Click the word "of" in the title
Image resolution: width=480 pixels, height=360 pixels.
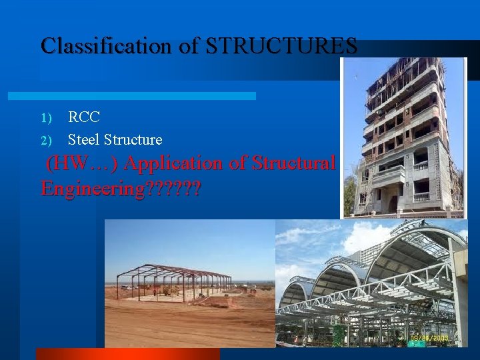pos(190,46)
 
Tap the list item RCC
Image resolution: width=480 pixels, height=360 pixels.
pos(84,117)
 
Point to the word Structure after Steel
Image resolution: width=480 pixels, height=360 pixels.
pos(133,139)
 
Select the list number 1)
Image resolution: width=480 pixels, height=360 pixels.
pos(46,118)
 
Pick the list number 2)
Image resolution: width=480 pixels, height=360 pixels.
pos(46,140)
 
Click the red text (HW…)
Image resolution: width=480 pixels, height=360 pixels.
pos(82,163)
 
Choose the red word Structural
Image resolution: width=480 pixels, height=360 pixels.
pos(293,163)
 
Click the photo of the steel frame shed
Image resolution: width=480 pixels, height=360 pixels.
pos(190,283)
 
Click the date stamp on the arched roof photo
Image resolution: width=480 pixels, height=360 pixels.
pos(430,338)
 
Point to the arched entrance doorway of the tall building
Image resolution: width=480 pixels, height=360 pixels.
pos(393,203)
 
